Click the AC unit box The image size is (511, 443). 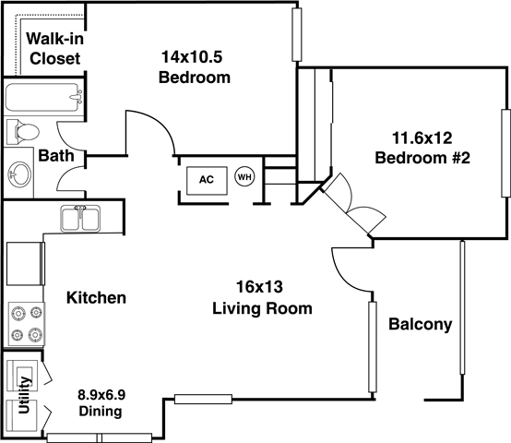[x=207, y=181]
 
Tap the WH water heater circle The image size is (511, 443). [x=244, y=177]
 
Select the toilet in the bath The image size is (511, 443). [x=22, y=132]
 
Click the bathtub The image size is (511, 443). [x=43, y=97]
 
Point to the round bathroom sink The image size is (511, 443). [x=20, y=174]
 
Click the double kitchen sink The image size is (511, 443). [x=80, y=219]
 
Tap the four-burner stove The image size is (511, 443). [x=27, y=324]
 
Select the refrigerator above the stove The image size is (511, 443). [x=26, y=264]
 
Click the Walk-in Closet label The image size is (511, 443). [x=54, y=48]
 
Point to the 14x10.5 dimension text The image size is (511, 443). [x=192, y=56]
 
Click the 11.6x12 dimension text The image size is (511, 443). [x=422, y=138]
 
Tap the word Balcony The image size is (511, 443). [x=421, y=324]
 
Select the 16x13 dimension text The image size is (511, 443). [x=259, y=287]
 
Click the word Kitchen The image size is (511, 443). [x=96, y=297]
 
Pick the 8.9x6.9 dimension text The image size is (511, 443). [x=101, y=395]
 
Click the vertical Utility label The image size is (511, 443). [x=24, y=395]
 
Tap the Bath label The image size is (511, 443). [x=56, y=155]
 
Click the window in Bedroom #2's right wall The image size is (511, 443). [x=505, y=153]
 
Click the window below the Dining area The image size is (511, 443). [x=100, y=437]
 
